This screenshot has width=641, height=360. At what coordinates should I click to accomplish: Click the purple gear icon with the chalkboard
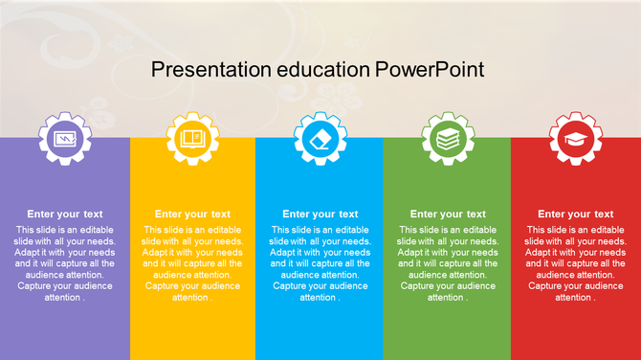(x=65, y=139)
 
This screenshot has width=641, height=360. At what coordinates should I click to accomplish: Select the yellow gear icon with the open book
(x=192, y=139)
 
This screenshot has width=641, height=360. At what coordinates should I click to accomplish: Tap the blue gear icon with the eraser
(x=320, y=139)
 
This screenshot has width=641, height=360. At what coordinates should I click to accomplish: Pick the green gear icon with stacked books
(x=448, y=139)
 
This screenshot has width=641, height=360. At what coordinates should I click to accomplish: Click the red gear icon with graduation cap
(x=575, y=139)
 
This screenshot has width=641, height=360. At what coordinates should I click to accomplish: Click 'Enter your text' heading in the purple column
(x=65, y=214)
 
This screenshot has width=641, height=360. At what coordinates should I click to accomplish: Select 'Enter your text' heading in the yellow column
(x=192, y=214)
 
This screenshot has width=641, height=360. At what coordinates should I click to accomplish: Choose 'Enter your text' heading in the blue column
(x=320, y=214)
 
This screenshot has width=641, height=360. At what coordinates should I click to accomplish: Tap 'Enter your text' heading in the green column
(x=448, y=214)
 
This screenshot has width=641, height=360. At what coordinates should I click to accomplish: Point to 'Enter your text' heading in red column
(x=575, y=214)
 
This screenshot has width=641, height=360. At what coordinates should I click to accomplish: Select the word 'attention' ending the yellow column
(x=190, y=297)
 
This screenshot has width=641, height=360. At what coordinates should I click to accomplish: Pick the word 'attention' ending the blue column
(x=318, y=297)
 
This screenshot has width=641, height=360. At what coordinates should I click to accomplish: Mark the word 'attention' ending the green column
(x=446, y=297)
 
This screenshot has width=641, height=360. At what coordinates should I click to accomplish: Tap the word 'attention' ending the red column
(x=573, y=297)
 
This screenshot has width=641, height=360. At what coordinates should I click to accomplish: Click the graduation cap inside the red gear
(x=575, y=139)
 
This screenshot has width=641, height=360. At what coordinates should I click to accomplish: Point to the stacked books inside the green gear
(x=448, y=139)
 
